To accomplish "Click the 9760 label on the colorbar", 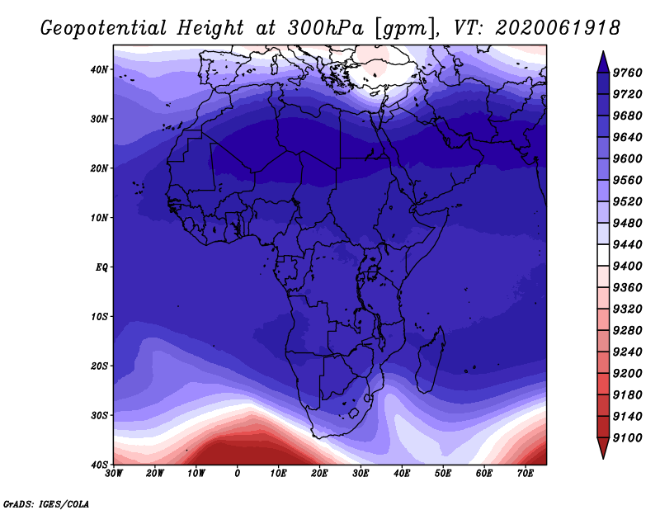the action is [628, 73].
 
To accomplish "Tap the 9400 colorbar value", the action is [628, 267].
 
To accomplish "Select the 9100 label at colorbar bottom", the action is [628, 438].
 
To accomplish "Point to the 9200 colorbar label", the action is [628, 374].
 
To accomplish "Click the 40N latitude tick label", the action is [99, 69].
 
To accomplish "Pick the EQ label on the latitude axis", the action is [101, 267].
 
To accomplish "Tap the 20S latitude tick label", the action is [99, 366].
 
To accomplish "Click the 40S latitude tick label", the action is [99, 465].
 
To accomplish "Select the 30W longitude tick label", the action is [114, 474].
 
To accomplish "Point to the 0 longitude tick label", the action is [238, 474].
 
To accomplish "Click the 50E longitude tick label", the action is [443, 474].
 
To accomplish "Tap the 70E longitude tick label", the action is [526, 474].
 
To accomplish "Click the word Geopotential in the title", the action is [104, 28].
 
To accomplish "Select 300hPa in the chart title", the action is [325, 28].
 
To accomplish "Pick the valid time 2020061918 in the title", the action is [558, 28].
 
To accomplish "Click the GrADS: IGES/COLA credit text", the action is [46, 504].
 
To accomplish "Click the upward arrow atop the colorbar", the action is [603, 62].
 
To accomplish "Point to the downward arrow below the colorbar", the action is [603, 448].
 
